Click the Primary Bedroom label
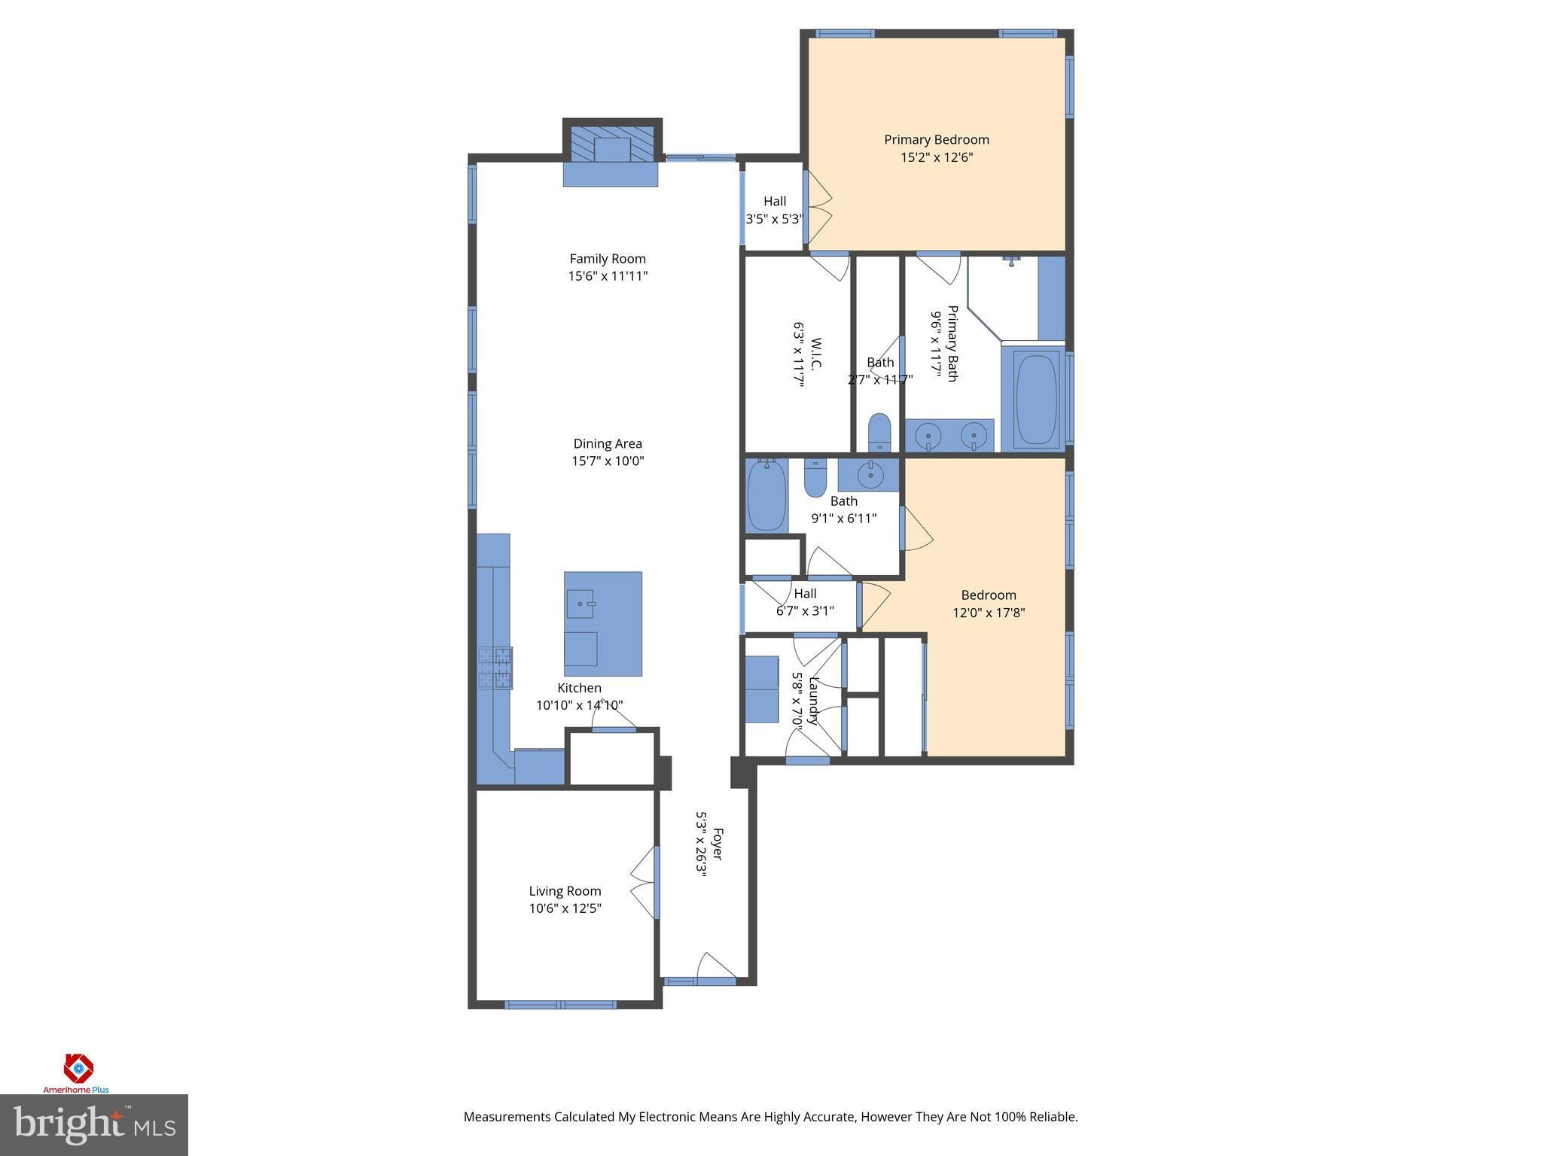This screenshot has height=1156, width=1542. coord(936,139)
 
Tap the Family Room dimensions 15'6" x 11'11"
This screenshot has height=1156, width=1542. coord(608,276)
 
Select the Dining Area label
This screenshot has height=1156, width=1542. coord(608,444)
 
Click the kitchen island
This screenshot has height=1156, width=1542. coord(603,624)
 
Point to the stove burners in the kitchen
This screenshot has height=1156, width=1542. coord(495,668)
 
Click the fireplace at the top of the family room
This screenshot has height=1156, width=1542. coord(611,152)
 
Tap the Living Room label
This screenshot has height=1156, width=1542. coord(565,891)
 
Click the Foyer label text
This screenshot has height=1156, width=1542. coord(718,844)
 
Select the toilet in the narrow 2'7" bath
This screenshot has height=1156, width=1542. coord(879,433)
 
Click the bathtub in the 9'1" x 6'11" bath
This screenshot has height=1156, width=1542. coord(766,496)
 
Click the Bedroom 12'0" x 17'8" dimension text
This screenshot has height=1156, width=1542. coord(989,613)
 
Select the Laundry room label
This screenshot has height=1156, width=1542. coord(813,700)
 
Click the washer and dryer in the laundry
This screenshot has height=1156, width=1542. coord(762,689)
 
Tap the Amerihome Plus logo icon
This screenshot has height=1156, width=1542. coord(78,1067)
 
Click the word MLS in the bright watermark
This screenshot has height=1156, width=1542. coord(155,1127)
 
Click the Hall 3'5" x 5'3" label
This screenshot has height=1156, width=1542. coord(774,210)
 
